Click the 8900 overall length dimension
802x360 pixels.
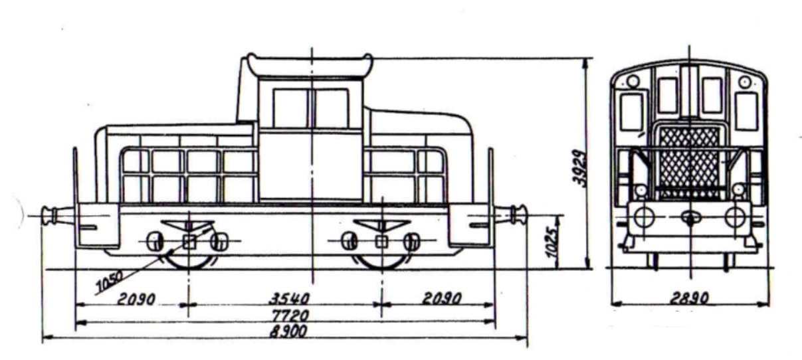[x=288, y=331]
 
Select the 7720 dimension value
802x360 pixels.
[x=290, y=315]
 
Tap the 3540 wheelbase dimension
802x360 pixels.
[x=289, y=299]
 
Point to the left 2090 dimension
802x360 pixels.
[x=136, y=299]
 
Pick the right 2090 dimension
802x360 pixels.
[x=442, y=298]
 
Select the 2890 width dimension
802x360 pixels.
[x=689, y=298]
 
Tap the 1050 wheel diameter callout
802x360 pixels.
[x=110, y=281]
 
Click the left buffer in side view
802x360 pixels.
[x=57, y=215]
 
